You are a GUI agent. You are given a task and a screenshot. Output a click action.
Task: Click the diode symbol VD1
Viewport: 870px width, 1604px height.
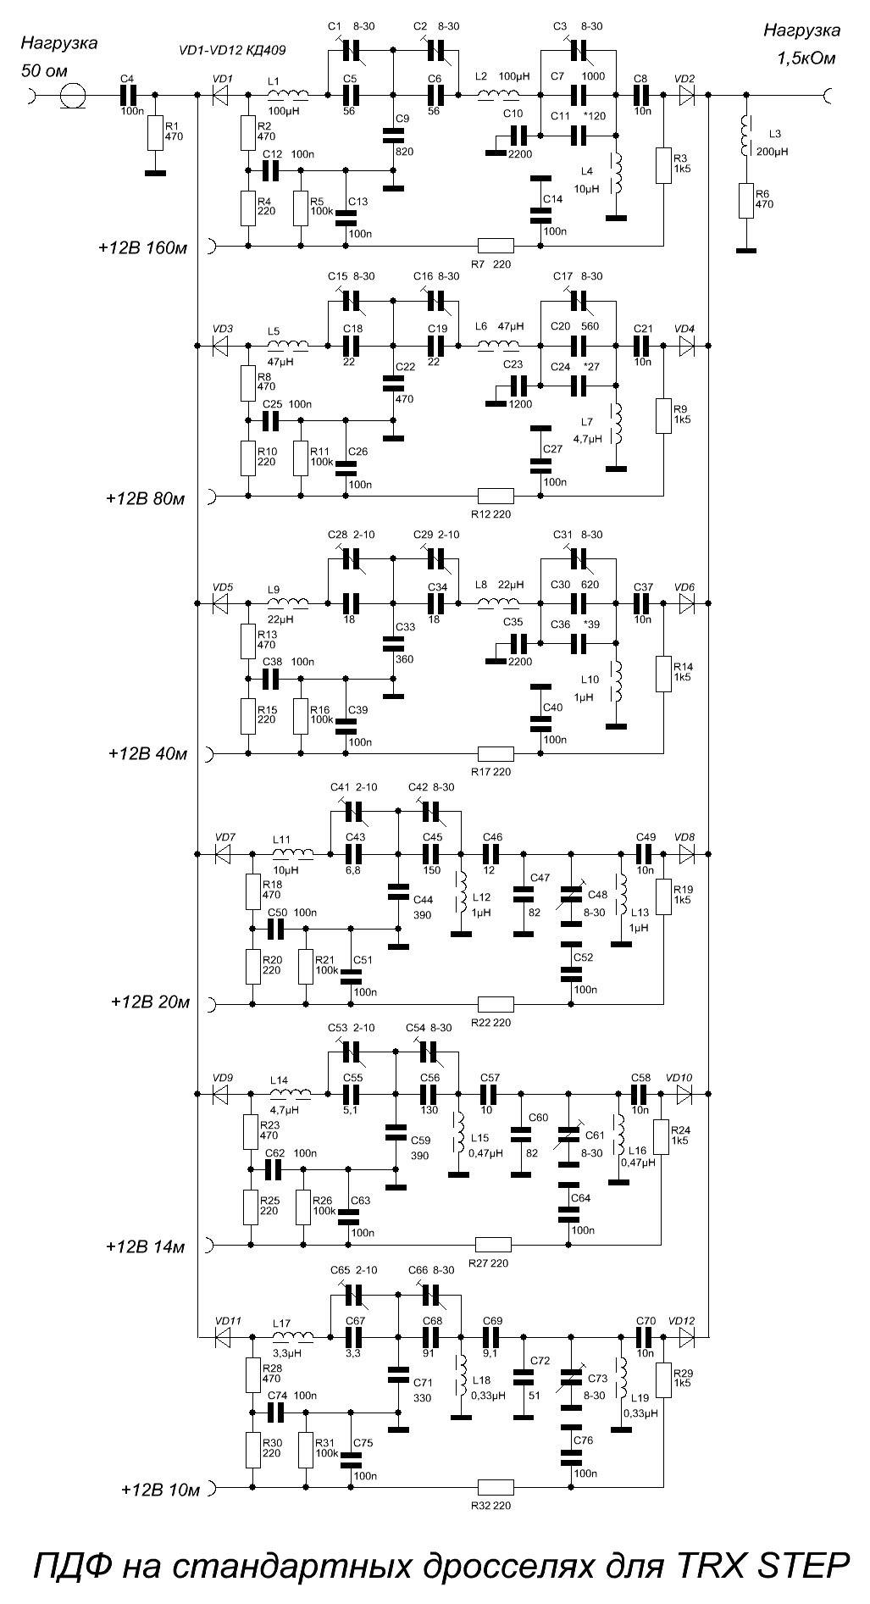coord(223,96)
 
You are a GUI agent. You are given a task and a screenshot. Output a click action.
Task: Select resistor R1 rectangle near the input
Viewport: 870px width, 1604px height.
coord(155,132)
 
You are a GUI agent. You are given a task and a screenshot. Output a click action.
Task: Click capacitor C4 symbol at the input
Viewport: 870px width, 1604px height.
coord(128,96)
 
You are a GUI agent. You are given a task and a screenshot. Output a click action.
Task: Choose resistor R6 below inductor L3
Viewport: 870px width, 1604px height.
coord(746,201)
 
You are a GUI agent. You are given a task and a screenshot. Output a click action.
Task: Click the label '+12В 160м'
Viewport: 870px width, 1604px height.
coord(141,248)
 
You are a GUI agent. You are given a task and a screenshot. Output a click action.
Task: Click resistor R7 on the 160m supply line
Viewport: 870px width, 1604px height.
coord(496,246)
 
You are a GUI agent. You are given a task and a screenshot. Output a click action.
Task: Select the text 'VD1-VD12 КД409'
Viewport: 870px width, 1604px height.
coord(231,50)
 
